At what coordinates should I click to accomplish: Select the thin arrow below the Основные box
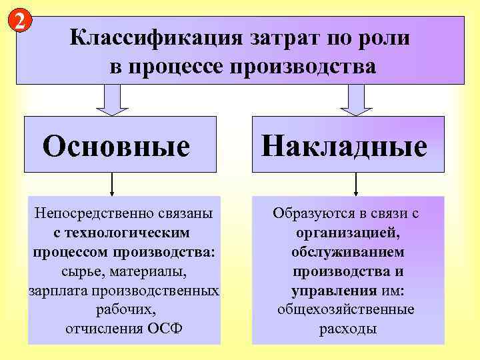coord(112,183)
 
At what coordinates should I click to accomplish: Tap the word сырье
coord(73,272)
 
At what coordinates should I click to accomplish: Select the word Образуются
coord(307,215)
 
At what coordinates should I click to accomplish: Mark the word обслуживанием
coord(347,253)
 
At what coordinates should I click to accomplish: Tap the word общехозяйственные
coord(346,310)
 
